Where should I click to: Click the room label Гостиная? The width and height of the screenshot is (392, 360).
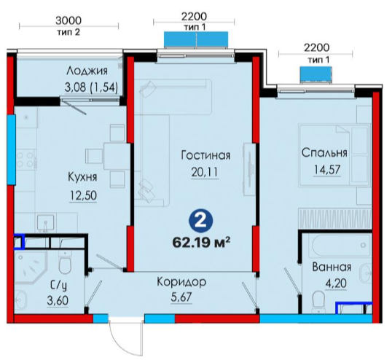205,155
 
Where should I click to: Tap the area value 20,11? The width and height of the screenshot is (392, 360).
205,172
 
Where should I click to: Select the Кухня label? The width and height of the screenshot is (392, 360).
82,177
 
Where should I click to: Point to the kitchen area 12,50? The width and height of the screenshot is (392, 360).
83,195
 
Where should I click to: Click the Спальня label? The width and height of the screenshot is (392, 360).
324,153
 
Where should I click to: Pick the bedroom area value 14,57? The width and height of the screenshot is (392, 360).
327,170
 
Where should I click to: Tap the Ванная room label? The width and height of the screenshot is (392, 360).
332,267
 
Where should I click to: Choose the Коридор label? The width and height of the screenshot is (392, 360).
181,282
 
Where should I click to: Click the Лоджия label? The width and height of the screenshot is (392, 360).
87,71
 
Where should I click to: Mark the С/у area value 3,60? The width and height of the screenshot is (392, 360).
58,300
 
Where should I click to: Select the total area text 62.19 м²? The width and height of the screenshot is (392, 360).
201,242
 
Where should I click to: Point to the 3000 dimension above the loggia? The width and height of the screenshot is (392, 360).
68,20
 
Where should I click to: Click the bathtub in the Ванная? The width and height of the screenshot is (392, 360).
340,246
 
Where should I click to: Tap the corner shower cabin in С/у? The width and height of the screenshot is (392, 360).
31,267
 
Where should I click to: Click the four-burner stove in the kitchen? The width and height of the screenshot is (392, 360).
26,160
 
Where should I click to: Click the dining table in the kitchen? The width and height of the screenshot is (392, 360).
117,156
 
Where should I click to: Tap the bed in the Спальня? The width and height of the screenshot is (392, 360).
334,155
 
